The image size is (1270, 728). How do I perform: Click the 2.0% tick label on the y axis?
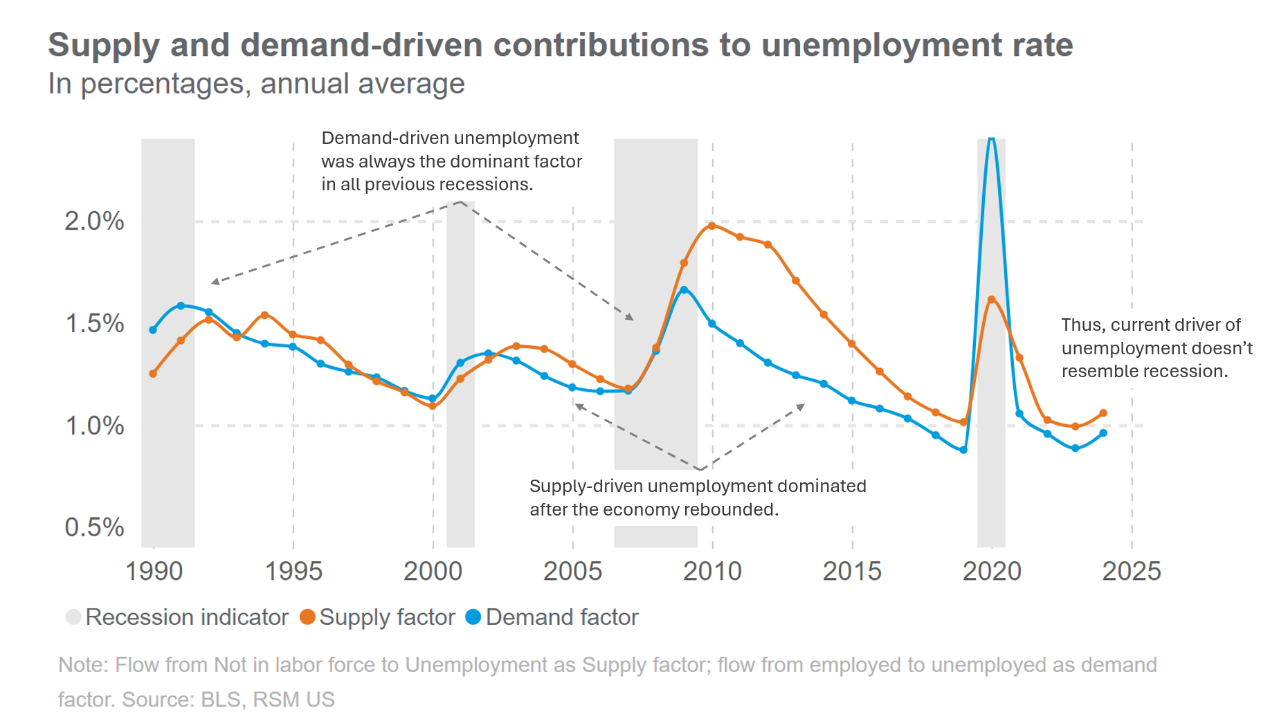[94, 221]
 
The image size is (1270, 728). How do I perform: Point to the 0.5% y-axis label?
[94, 527]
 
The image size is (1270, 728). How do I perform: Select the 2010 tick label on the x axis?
[712, 572]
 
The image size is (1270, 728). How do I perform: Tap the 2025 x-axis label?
[1132, 572]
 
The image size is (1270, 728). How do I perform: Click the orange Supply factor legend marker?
[307, 617]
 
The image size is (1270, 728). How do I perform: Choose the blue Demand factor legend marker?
[473, 617]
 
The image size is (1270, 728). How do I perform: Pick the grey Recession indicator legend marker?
[73, 617]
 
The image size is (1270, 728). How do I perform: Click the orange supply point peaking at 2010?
[712, 226]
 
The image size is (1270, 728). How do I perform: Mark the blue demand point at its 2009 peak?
[684, 290]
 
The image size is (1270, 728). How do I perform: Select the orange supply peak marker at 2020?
[991, 300]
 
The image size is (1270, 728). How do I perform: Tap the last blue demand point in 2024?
[1103, 433]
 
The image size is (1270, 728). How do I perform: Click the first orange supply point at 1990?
[153, 374]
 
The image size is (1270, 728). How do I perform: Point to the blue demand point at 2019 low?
[963, 450]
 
